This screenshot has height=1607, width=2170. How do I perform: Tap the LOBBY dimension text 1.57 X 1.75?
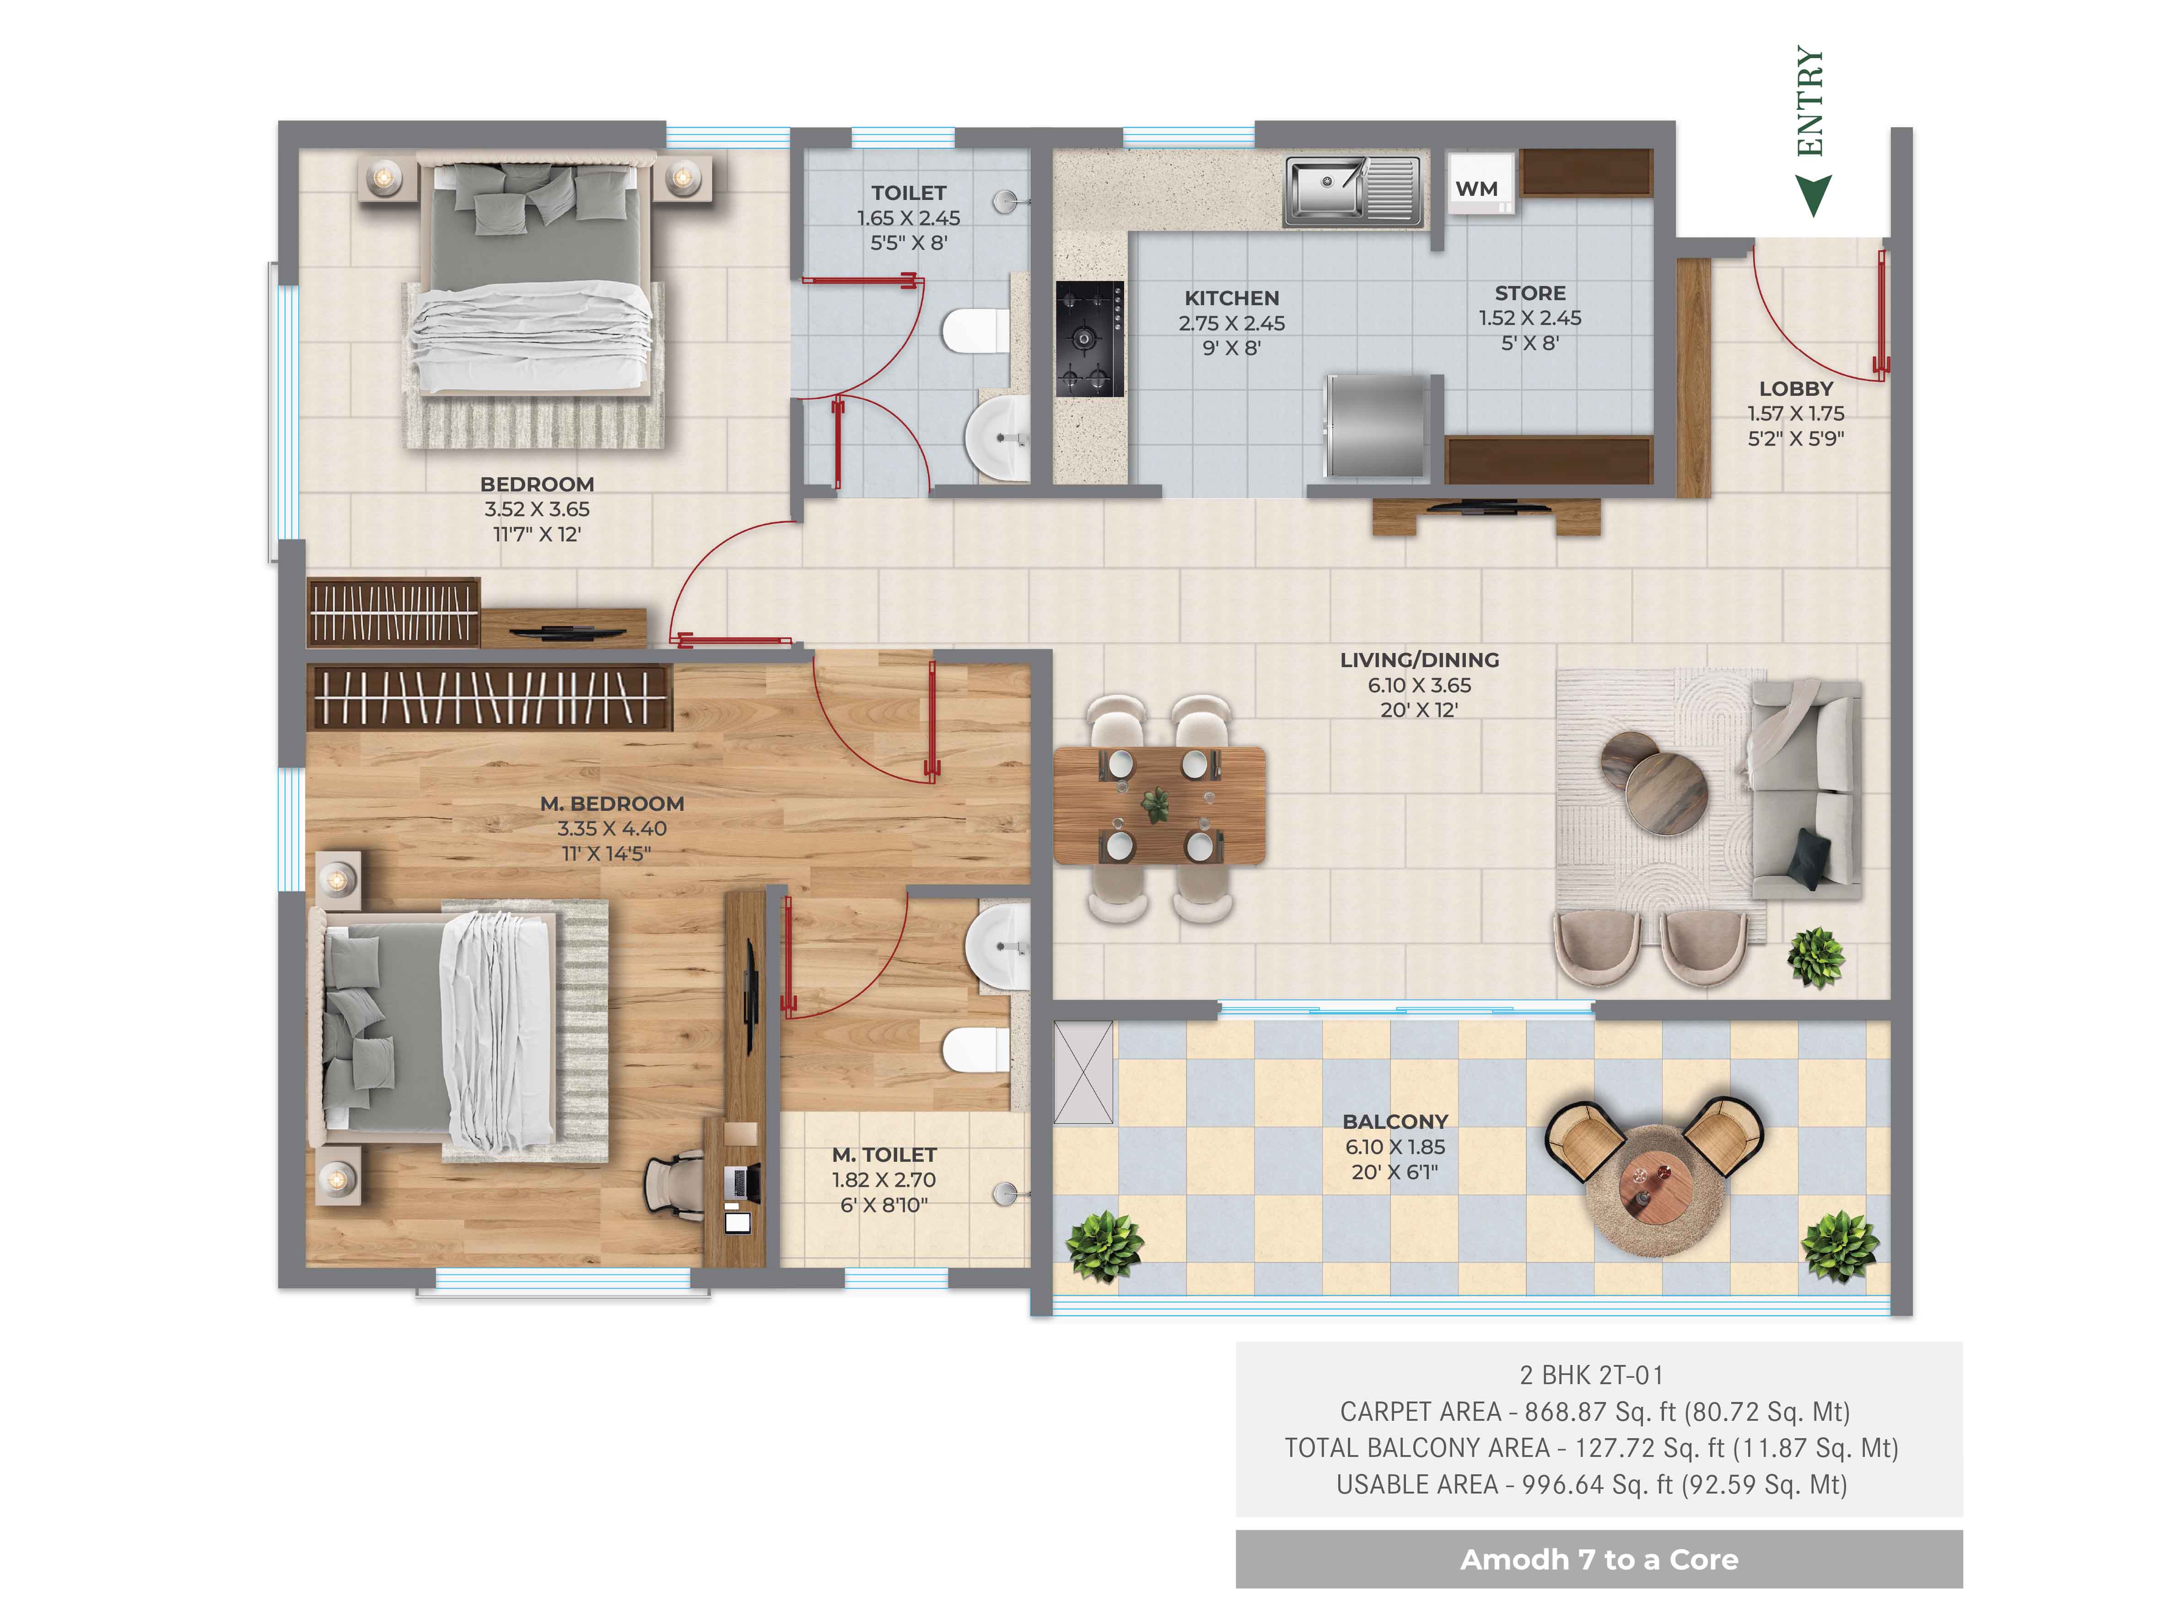click(x=1796, y=414)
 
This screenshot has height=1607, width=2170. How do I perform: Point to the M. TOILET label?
click(x=884, y=1154)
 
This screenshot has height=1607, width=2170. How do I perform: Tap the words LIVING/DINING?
click(x=1419, y=659)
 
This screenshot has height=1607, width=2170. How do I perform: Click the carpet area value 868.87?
click(x=1565, y=1412)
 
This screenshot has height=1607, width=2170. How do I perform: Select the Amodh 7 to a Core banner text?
click(x=1598, y=1559)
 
